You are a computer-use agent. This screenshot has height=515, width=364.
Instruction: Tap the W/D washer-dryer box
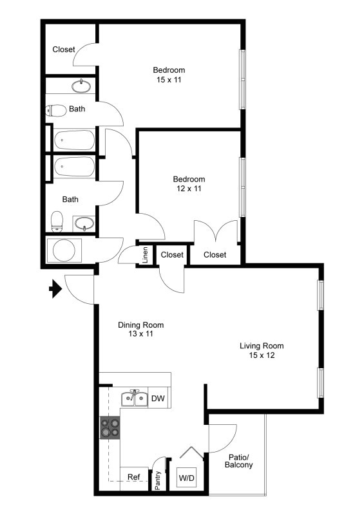pos(187,478)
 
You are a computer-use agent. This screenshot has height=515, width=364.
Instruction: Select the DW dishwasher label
pos(158,399)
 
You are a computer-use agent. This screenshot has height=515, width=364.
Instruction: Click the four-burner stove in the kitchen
pos(110,427)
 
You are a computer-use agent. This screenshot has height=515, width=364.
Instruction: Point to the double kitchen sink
pos(135,398)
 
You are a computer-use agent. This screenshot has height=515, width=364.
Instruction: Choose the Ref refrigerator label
pos(134,477)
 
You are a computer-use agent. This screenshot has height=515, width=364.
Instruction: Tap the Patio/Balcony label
pos(239,461)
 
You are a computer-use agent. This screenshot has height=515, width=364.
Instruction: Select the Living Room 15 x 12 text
pos(262,350)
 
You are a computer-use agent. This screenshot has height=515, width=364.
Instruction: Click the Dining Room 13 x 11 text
pos(140,329)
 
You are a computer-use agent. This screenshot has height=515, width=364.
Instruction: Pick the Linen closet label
pos(146,255)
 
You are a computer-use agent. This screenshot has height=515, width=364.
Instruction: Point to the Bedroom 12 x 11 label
pos(189,183)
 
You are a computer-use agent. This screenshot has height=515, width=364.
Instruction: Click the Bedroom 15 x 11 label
pos(169,74)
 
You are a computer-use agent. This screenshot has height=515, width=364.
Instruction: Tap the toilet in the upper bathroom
pos(57,110)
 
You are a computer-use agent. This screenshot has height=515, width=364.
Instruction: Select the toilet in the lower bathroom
pos(57,221)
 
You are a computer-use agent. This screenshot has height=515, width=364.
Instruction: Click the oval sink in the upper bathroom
pos(82,86)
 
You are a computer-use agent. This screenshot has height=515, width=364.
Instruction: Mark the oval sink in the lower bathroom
pos(84,224)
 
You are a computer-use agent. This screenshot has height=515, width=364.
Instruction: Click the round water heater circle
pos(64,250)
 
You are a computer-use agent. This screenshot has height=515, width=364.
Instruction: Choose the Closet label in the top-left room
pos(64,49)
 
